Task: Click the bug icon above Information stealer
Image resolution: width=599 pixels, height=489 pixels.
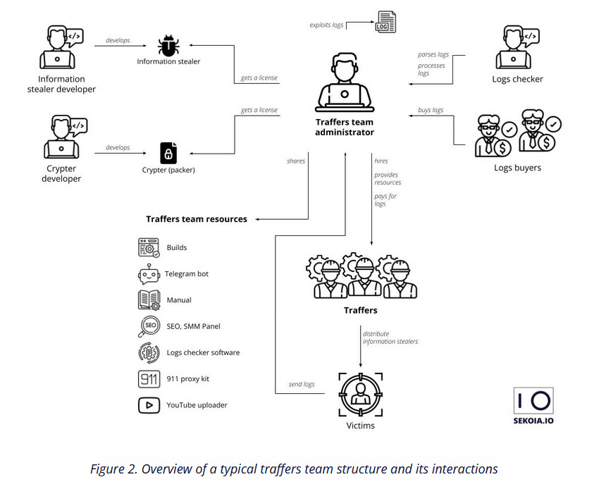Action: (168, 46)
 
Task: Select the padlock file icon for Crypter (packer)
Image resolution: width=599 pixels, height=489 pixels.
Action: (168, 152)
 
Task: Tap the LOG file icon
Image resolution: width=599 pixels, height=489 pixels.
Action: (385, 21)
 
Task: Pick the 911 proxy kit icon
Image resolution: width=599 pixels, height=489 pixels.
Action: (149, 379)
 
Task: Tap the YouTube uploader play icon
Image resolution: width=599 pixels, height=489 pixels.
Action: (149, 405)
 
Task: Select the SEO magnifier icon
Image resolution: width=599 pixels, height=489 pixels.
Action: (149, 326)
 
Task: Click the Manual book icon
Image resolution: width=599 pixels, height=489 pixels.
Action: (149, 300)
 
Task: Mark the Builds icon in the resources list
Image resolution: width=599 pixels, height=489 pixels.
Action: (149, 248)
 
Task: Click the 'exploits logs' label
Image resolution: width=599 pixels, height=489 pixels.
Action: (327, 25)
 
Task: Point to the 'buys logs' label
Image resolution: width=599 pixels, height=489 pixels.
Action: (431, 110)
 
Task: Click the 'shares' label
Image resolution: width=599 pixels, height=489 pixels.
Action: (296, 161)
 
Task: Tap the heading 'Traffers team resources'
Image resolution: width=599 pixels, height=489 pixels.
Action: (197, 219)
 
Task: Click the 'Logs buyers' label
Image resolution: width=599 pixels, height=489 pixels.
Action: (517, 168)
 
